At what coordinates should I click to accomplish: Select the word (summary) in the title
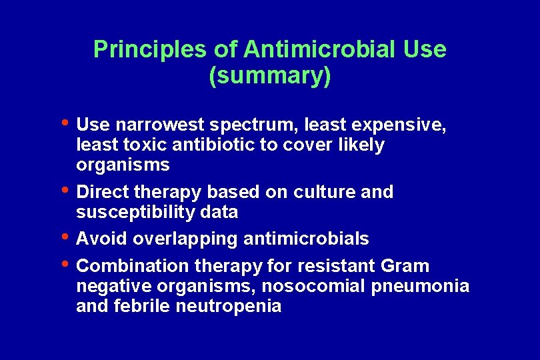click(269, 75)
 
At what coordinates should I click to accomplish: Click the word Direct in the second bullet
click(103, 192)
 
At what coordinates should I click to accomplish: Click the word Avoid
click(102, 239)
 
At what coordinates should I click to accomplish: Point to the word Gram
click(405, 266)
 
